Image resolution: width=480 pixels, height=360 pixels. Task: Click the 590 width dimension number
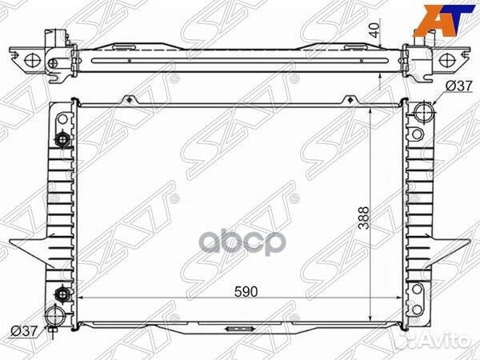click(x=246, y=293)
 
